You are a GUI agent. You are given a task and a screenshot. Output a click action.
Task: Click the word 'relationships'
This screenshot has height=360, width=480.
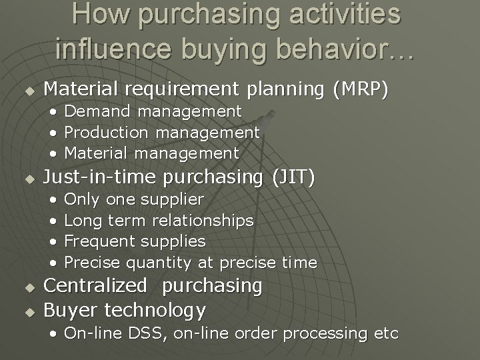203,221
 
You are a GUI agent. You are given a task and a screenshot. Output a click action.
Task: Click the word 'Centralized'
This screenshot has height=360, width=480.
95,286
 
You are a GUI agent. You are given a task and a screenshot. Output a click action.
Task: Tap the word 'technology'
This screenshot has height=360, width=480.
155,310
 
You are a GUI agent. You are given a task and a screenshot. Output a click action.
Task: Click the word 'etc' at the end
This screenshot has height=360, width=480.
385,333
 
